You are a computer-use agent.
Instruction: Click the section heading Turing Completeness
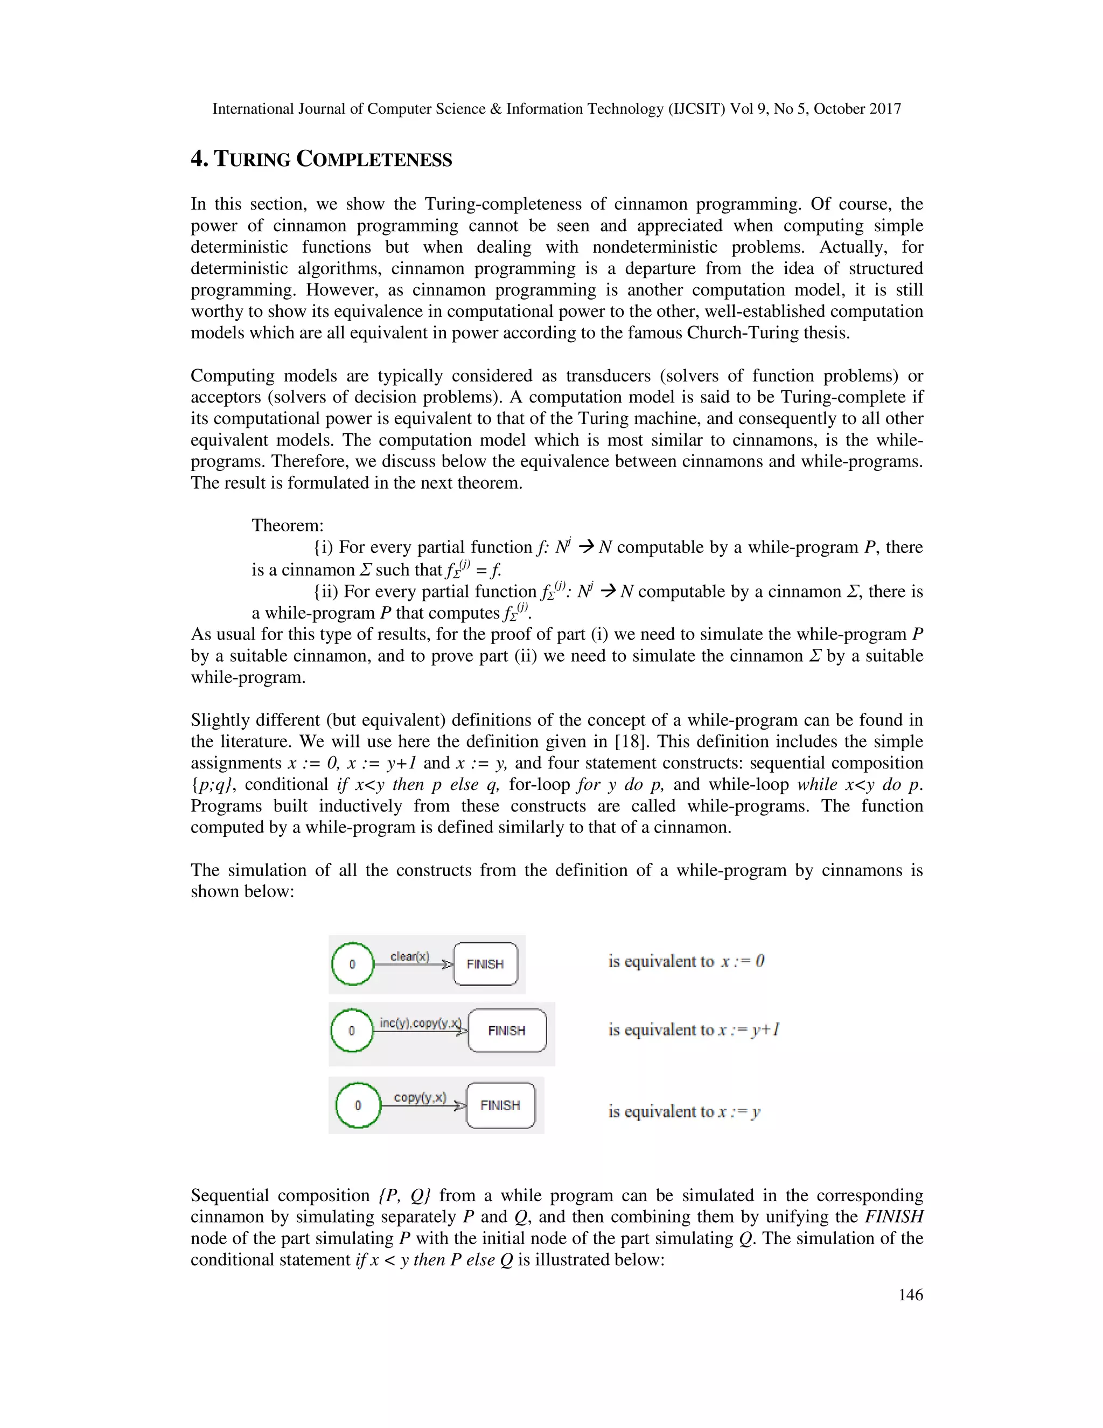pyautogui.click(x=321, y=160)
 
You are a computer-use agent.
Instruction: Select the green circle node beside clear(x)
pyautogui.click(x=352, y=964)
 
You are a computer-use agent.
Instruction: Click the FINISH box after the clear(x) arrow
pyautogui.click(x=485, y=964)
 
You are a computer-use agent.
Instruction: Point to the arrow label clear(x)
pyautogui.click(x=410, y=956)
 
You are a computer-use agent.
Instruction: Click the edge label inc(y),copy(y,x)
pyautogui.click(x=420, y=1023)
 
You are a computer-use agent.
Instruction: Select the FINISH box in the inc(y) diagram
pyautogui.click(x=507, y=1030)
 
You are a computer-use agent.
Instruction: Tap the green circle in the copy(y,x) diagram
pyautogui.click(x=358, y=1105)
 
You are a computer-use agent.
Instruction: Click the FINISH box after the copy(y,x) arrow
pyautogui.click(x=500, y=1105)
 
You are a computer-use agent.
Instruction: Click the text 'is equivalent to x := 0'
pyautogui.click(x=686, y=961)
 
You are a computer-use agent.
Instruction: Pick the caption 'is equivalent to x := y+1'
pyautogui.click(x=694, y=1030)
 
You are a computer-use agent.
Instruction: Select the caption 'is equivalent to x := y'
pyautogui.click(x=684, y=1112)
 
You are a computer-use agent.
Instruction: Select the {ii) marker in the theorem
pyautogui.click(x=325, y=592)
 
